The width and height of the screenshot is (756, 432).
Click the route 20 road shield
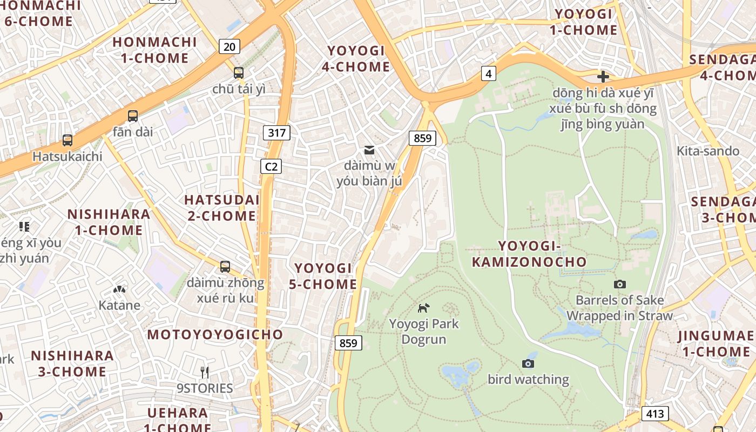[230, 46]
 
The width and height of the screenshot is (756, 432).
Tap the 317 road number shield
[276, 132]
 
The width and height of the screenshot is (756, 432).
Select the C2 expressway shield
[271, 166]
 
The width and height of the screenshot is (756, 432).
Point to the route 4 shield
[488, 73]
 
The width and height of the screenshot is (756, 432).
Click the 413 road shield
[655, 414]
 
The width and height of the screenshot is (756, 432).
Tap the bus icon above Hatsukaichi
[67, 140]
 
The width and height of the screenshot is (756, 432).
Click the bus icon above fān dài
[133, 116]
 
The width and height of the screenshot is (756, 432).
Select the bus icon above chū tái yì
[239, 73]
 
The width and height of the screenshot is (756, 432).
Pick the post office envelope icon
[369, 150]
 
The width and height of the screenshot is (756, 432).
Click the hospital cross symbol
[603, 77]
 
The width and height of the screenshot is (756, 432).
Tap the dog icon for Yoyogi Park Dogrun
[424, 308]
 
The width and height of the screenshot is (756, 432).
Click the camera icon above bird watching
[528, 363]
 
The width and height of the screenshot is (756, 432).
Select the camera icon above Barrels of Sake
[620, 284]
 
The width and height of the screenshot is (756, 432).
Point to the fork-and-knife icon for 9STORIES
[205, 372]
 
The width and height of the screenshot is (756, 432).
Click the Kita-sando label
[708, 151]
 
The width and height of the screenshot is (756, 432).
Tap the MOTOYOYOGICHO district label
[215, 334]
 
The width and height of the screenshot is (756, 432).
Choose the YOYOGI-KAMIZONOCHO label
[529, 254]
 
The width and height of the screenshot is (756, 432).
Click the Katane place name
[119, 305]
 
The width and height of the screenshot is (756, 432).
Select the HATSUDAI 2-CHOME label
[221, 207]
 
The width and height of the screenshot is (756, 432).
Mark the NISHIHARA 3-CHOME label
[72, 363]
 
